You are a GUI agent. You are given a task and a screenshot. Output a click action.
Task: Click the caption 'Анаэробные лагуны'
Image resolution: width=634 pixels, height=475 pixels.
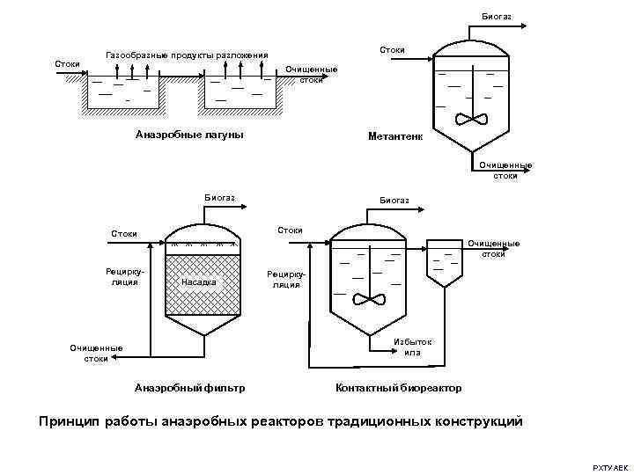pos(189,135)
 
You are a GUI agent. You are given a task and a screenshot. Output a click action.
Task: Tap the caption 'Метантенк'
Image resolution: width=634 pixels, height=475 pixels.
pos(395,136)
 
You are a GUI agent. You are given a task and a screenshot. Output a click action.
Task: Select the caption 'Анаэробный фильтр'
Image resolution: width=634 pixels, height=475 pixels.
pos(189,387)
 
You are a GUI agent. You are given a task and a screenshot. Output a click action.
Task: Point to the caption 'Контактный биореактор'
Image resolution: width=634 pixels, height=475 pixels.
pos(399,387)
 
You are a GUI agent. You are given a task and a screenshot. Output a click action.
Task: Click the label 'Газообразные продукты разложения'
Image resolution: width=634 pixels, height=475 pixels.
pos(187,55)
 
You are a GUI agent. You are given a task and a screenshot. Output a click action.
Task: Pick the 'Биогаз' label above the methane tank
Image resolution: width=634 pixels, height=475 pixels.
pos(497,17)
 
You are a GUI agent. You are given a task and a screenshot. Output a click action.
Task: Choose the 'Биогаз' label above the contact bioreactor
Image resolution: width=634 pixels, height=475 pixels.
pos(394,201)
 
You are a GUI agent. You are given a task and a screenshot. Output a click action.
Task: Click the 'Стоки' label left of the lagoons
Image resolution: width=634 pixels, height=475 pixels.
pos(68,63)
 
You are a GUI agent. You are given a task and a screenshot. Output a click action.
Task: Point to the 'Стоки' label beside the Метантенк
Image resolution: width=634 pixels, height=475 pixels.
pos(392,50)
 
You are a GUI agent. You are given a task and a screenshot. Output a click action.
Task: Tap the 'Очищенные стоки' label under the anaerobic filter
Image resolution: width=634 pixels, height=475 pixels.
pos(96,353)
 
